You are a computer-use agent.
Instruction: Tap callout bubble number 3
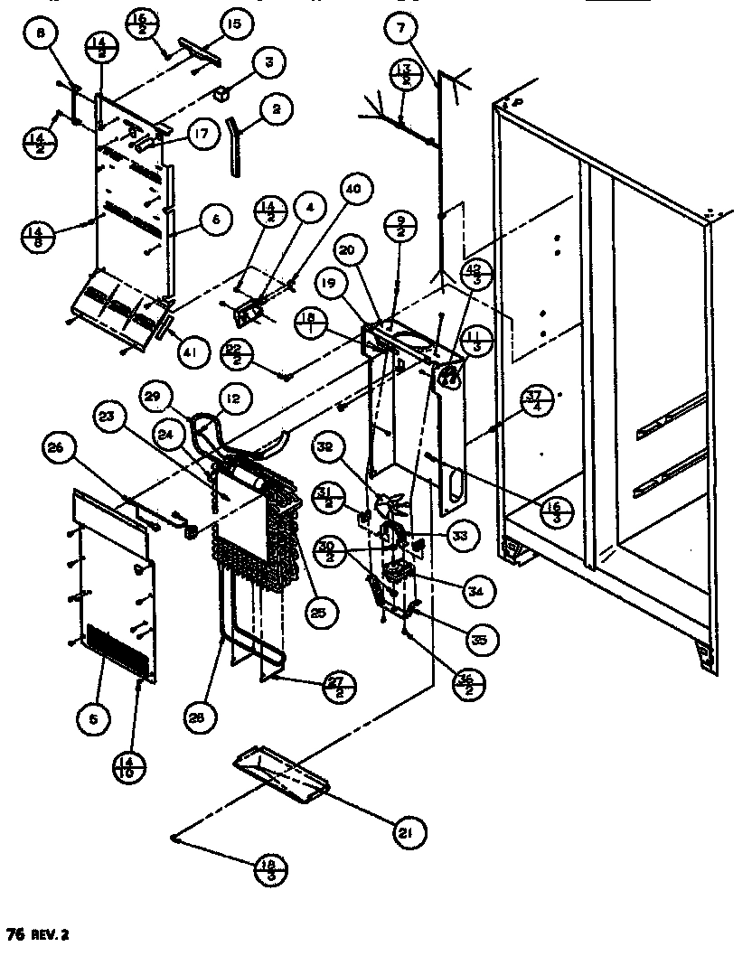(268, 63)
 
